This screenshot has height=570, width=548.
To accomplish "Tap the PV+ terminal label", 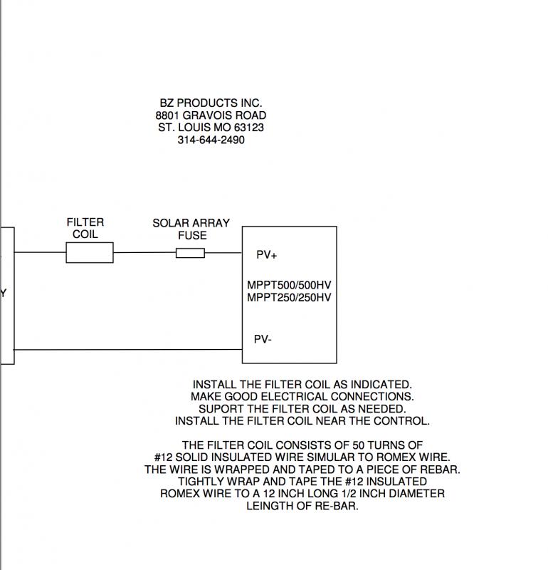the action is (267, 255).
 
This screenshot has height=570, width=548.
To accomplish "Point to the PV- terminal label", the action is (263, 339).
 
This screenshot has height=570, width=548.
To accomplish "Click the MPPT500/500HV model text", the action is (289, 285).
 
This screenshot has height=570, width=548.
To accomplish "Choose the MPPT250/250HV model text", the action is (289, 297).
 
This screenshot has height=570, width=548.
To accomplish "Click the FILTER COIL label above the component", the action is (85, 228).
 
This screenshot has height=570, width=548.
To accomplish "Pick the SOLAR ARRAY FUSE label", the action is (191, 229).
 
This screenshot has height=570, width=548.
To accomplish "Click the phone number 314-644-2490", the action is (211, 140).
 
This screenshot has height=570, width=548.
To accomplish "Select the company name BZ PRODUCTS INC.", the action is (211, 103).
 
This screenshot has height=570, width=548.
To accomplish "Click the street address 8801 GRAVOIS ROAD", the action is (211, 115).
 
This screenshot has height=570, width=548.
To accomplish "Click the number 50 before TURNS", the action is (359, 445).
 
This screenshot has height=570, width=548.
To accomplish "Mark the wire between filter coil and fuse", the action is (144, 252).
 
